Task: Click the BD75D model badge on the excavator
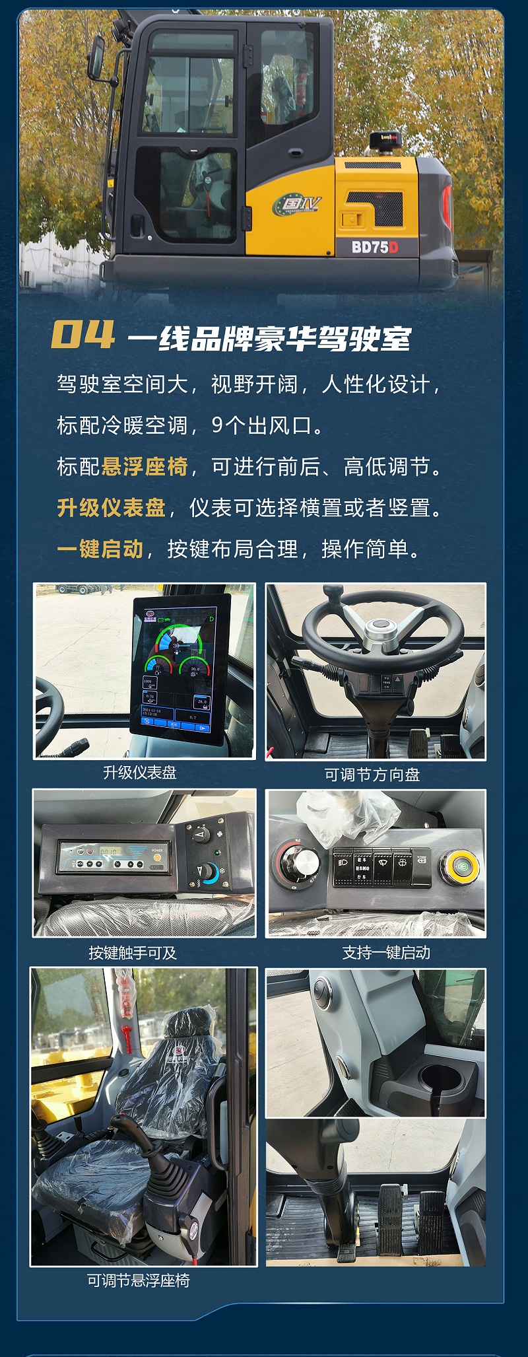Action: (x=374, y=247)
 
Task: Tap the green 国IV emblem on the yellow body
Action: (x=297, y=204)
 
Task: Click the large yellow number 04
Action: (x=82, y=335)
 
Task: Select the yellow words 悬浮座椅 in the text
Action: (x=145, y=467)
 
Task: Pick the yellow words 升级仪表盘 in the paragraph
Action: (x=111, y=508)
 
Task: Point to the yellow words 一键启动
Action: (x=100, y=549)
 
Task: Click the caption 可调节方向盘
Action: (x=372, y=775)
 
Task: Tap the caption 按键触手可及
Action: (x=133, y=953)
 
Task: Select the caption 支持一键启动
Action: (x=386, y=953)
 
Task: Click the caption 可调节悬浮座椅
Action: (x=139, y=1280)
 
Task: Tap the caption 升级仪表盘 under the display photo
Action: (x=140, y=773)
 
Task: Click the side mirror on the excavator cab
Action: (x=96, y=55)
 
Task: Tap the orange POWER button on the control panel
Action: (x=157, y=858)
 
